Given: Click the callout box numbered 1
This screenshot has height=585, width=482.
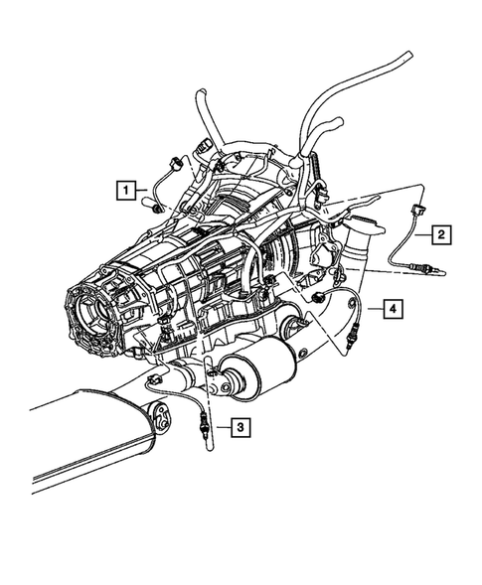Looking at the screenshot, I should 125,187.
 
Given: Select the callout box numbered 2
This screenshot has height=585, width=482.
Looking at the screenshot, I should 438,234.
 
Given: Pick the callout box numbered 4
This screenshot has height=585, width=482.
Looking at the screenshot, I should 395,311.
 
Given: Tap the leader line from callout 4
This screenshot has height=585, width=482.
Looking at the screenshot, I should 373,311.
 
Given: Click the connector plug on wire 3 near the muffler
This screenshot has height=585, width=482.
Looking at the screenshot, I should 153,380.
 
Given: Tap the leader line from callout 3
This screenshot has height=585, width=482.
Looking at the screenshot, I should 220,428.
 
